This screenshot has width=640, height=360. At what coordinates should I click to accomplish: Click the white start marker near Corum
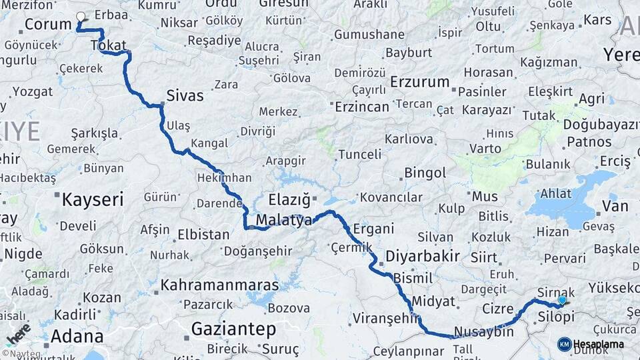coord(81,17)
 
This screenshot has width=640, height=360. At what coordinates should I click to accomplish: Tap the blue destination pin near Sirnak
coord(562,300)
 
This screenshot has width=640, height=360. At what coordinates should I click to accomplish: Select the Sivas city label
coord(185,95)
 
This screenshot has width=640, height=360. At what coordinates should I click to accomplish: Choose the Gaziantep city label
coord(233,329)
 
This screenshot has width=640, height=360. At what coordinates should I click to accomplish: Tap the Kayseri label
coord(93,199)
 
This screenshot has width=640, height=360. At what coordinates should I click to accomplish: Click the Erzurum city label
coord(420,82)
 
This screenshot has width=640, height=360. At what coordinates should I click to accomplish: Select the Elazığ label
coord(289,199)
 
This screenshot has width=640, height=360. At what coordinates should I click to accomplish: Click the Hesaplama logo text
coord(598,344)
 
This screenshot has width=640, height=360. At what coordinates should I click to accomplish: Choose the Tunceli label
coord(360,155)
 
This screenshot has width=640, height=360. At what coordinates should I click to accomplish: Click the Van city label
coord(615,205)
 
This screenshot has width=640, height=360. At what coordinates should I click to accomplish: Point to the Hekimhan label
coord(224,178)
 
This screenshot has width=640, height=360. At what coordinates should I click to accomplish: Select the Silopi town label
coord(555,317)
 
